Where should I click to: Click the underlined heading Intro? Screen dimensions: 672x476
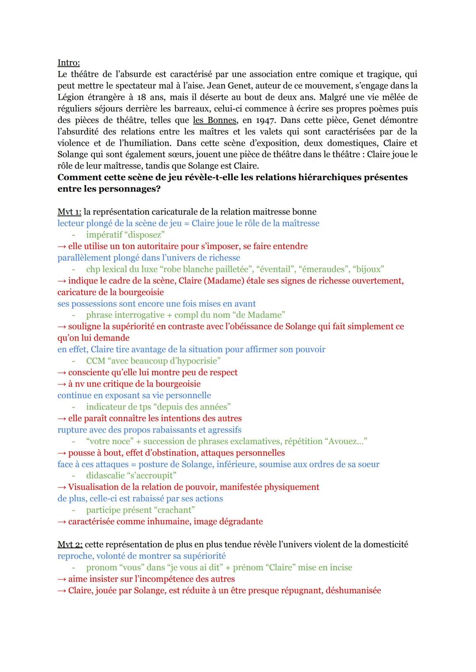coord(68,63)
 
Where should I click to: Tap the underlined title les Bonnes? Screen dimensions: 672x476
coord(215,120)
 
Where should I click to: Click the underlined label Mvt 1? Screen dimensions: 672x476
coord(69,212)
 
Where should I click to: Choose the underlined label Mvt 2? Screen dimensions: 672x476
coord(70,544)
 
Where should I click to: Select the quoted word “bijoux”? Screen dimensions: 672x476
coord(368,269)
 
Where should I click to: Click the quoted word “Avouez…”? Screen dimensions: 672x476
coord(348,441)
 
